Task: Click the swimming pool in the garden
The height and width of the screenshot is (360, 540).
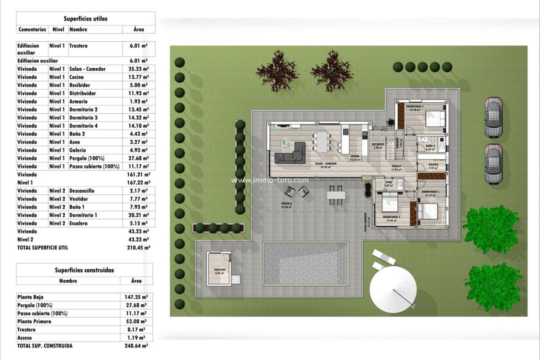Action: coord(305,263)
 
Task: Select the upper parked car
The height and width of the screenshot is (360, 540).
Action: coord(493,117)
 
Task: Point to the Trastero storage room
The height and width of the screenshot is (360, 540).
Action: coord(219,269)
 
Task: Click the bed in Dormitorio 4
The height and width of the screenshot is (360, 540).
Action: coord(435,119)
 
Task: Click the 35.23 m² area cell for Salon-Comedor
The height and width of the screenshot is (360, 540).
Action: coord(138,69)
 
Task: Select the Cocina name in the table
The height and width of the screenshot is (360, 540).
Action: coord(76,77)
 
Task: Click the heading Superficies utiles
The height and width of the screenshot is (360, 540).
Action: coord(86,18)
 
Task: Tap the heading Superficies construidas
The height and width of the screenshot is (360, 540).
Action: coord(84,270)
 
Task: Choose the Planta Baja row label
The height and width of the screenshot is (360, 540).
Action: coord(30,297)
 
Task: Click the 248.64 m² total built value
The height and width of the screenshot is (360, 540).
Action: coord(135,345)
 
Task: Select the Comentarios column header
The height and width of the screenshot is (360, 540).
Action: coord(32,29)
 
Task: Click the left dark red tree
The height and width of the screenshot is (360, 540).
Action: coord(277,70)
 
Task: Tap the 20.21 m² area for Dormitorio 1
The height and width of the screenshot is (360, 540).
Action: coord(138,215)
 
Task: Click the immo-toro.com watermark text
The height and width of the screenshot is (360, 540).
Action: coord(270,180)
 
